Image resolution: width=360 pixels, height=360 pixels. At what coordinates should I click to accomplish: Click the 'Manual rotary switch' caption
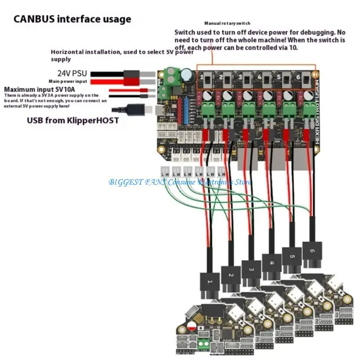point(227,23)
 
